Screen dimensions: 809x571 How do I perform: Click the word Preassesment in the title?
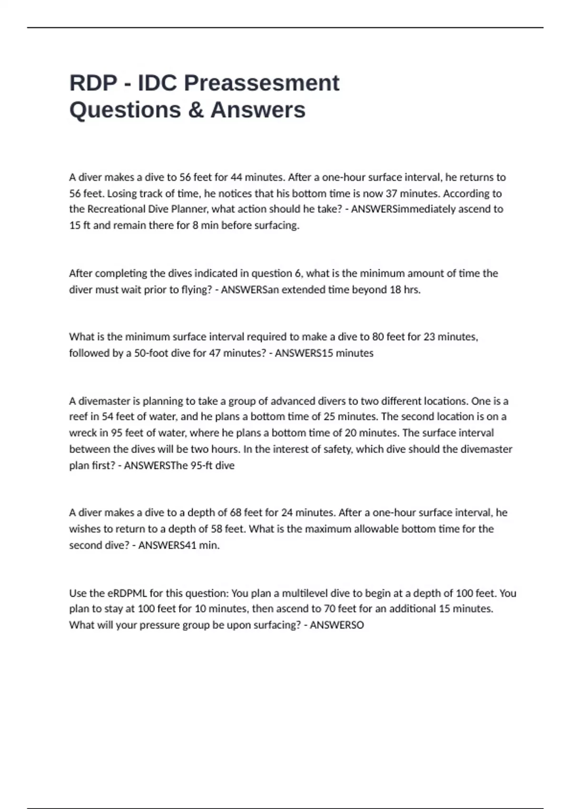pyautogui.click(x=262, y=83)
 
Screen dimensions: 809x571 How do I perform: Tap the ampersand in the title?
pyautogui.click(x=196, y=109)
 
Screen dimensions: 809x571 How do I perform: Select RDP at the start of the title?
pyautogui.click(x=93, y=83)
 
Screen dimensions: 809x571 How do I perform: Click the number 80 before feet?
pyautogui.click(x=378, y=337)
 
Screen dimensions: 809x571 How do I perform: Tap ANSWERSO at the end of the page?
pyautogui.click(x=337, y=625)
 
